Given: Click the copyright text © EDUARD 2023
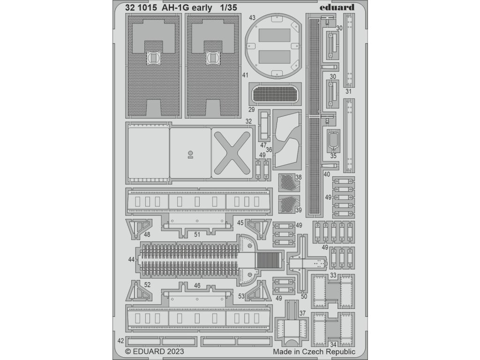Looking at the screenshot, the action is pyautogui.click(x=154, y=351).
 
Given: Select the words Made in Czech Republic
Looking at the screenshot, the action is pyautogui.click(x=314, y=351).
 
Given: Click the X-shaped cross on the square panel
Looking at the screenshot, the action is pyautogui.click(x=231, y=153).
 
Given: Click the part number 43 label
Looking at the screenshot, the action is pyautogui.click(x=252, y=18).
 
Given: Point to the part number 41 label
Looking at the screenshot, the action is pyautogui.click(x=245, y=75).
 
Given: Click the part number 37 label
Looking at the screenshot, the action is pyautogui.click(x=302, y=313).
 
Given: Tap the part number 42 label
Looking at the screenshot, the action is pyautogui.click(x=120, y=341).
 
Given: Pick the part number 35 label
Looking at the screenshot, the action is pyautogui.click(x=333, y=156).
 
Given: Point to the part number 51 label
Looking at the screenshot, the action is pyautogui.click(x=197, y=233).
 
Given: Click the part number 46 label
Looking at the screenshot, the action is pyautogui.click(x=197, y=285).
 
